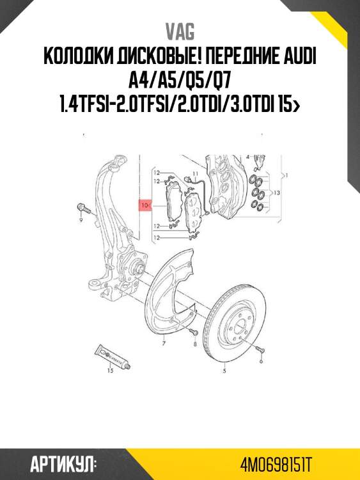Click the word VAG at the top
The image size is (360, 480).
[x=180, y=31]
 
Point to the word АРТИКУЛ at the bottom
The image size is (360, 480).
[x=63, y=463]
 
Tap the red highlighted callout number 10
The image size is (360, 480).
[x=145, y=205]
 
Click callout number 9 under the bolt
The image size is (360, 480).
[x=81, y=220]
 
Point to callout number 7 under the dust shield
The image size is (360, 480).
[x=164, y=344]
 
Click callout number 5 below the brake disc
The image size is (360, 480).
[x=224, y=369]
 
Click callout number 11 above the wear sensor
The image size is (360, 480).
[x=196, y=174]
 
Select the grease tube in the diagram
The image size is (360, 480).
[x=113, y=355]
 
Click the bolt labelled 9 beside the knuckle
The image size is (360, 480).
[x=84, y=208]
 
